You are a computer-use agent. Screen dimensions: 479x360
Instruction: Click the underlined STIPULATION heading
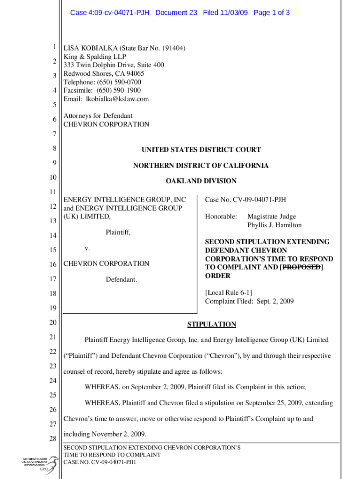point(211,324)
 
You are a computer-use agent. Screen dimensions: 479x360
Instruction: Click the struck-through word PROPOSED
point(302,267)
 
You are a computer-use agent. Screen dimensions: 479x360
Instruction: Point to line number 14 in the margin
point(54,236)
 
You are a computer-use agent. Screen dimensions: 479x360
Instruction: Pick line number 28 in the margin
point(54,439)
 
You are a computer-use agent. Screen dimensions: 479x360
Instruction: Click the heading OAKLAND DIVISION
point(201,181)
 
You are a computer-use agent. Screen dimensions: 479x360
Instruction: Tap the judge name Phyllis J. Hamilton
point(274,225)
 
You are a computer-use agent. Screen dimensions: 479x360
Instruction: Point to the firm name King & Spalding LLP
point(95,57)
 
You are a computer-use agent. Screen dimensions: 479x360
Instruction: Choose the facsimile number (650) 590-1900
point(119,90)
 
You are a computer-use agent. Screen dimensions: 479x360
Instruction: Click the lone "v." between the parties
point(87,248)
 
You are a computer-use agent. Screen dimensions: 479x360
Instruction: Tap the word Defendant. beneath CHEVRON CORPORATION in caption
point(121,279)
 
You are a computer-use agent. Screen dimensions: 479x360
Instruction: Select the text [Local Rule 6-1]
point(229,293)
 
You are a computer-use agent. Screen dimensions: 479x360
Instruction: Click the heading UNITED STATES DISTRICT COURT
point(201,150)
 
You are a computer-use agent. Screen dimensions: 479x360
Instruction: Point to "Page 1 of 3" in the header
point(271,13)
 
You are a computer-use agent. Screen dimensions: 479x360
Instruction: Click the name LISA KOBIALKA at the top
point(90,48)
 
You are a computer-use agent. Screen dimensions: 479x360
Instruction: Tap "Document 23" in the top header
point(176,13)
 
